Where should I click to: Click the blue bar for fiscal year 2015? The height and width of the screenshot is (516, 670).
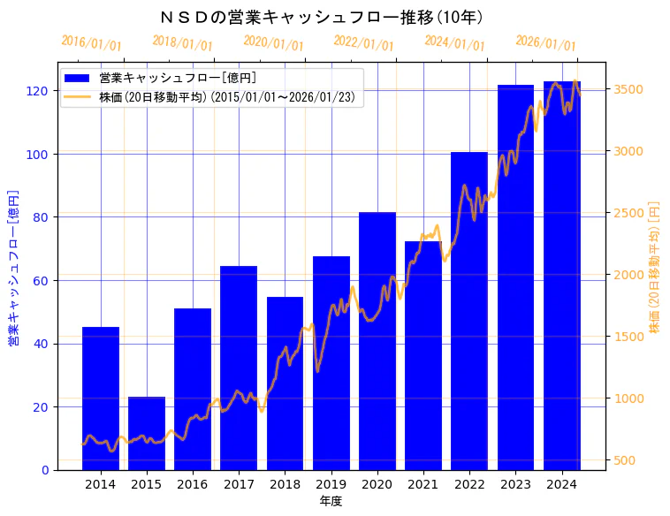pos(147,433)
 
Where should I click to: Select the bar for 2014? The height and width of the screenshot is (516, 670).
pos(101,398)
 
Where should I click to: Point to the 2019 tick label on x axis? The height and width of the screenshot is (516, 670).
pos(331,484)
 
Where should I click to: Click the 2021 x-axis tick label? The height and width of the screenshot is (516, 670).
pos(423,484)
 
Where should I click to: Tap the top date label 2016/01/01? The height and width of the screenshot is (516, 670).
pos(91,43)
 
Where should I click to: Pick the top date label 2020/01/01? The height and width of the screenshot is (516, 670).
pos(273,43)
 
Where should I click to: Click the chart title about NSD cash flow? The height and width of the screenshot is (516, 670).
pos(322,18)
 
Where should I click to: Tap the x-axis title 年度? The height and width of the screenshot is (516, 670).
pos(331,501)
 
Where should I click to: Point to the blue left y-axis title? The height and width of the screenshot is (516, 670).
pos(13,266)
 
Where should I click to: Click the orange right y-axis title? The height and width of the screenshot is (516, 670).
pos(655,266)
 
